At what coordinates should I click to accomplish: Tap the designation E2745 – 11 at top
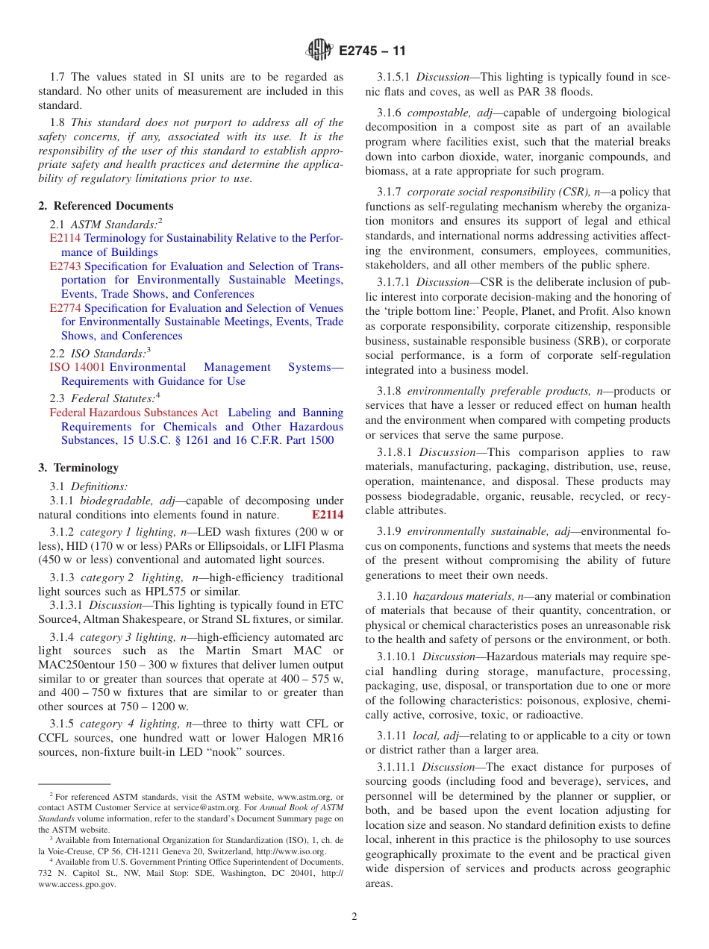372,51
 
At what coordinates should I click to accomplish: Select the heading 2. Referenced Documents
106,206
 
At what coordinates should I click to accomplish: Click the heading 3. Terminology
78,468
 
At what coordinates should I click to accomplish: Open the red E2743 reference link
65,266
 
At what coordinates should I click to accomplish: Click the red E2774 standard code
65,308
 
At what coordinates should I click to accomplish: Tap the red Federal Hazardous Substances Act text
134,413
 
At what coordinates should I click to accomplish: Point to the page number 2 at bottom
354,917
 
